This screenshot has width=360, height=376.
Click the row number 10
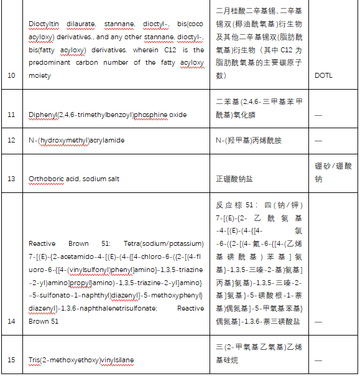11,75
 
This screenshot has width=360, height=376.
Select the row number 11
11,115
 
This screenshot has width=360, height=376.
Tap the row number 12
11,140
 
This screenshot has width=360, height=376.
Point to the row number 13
11,179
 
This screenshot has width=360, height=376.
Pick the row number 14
11,321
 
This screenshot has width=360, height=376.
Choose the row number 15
11,360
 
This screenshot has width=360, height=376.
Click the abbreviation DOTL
324,75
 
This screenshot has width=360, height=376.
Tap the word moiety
40,75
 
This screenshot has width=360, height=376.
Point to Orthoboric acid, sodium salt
74,179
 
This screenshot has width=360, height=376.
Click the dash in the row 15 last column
319,360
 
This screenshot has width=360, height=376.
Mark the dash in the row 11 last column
319,115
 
